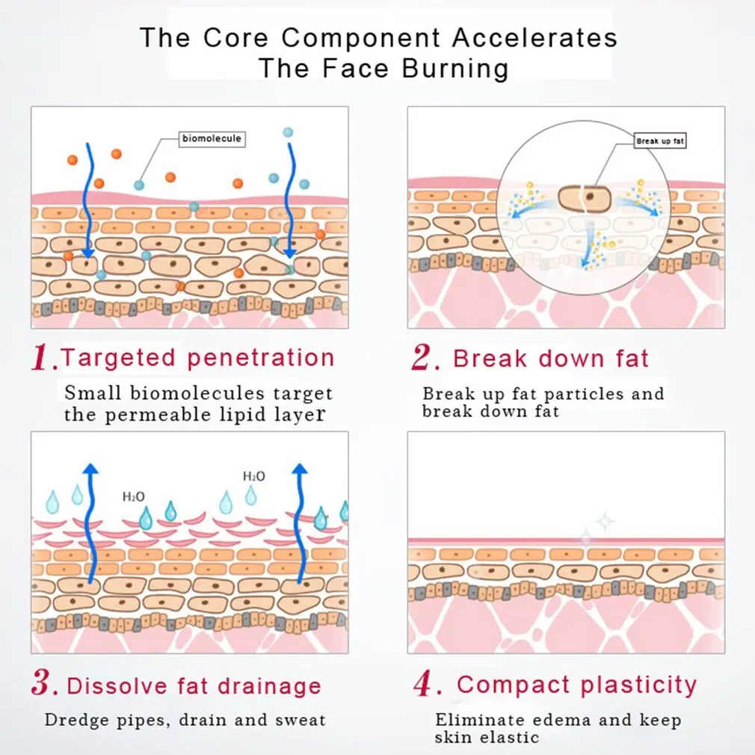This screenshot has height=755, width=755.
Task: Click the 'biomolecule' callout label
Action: coord(212,138)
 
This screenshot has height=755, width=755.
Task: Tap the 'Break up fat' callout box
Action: coord(660,141)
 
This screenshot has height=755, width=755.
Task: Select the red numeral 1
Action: coord(44,359)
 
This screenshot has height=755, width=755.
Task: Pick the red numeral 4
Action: coord(423,684)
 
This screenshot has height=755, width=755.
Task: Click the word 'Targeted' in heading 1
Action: coord(120,357)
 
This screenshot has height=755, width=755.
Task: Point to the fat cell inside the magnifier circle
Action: coord(585,198)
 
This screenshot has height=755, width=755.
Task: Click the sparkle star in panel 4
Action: coord(604,522)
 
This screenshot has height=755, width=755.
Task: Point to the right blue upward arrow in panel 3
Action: coord(300,523)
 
